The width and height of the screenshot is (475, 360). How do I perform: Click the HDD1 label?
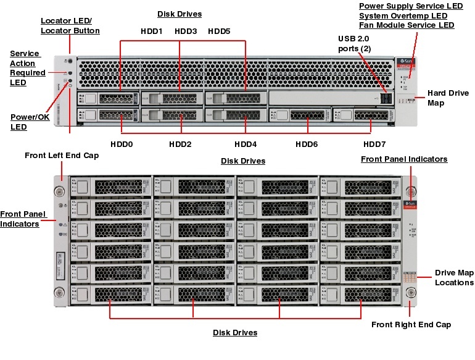(x=152, y=31)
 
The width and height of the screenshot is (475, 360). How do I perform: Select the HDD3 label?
(x=186, y=31)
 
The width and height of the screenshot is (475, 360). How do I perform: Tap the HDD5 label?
(x=219, y=31)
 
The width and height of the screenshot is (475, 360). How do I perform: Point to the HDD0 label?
(x=122, y=144)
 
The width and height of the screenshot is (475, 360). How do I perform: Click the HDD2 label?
(x=180, y=144)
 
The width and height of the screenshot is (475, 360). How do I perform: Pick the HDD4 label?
(x=246, y=144)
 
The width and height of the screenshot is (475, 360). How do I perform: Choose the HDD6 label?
(x=307, y=144)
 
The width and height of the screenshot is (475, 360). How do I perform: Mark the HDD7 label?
(x=374, y=144)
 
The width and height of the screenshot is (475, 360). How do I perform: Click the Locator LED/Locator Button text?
(x=70, y=25)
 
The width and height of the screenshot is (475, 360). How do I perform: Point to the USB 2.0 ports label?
(x=355, y=44)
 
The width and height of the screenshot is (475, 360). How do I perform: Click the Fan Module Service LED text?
(x=407, y=25)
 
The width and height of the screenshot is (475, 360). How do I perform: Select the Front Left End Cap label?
(x=62, y=156)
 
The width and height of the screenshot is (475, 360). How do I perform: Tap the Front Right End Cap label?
(x=411, y=324)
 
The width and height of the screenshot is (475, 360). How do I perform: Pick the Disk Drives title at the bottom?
(x=235, y=333)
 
